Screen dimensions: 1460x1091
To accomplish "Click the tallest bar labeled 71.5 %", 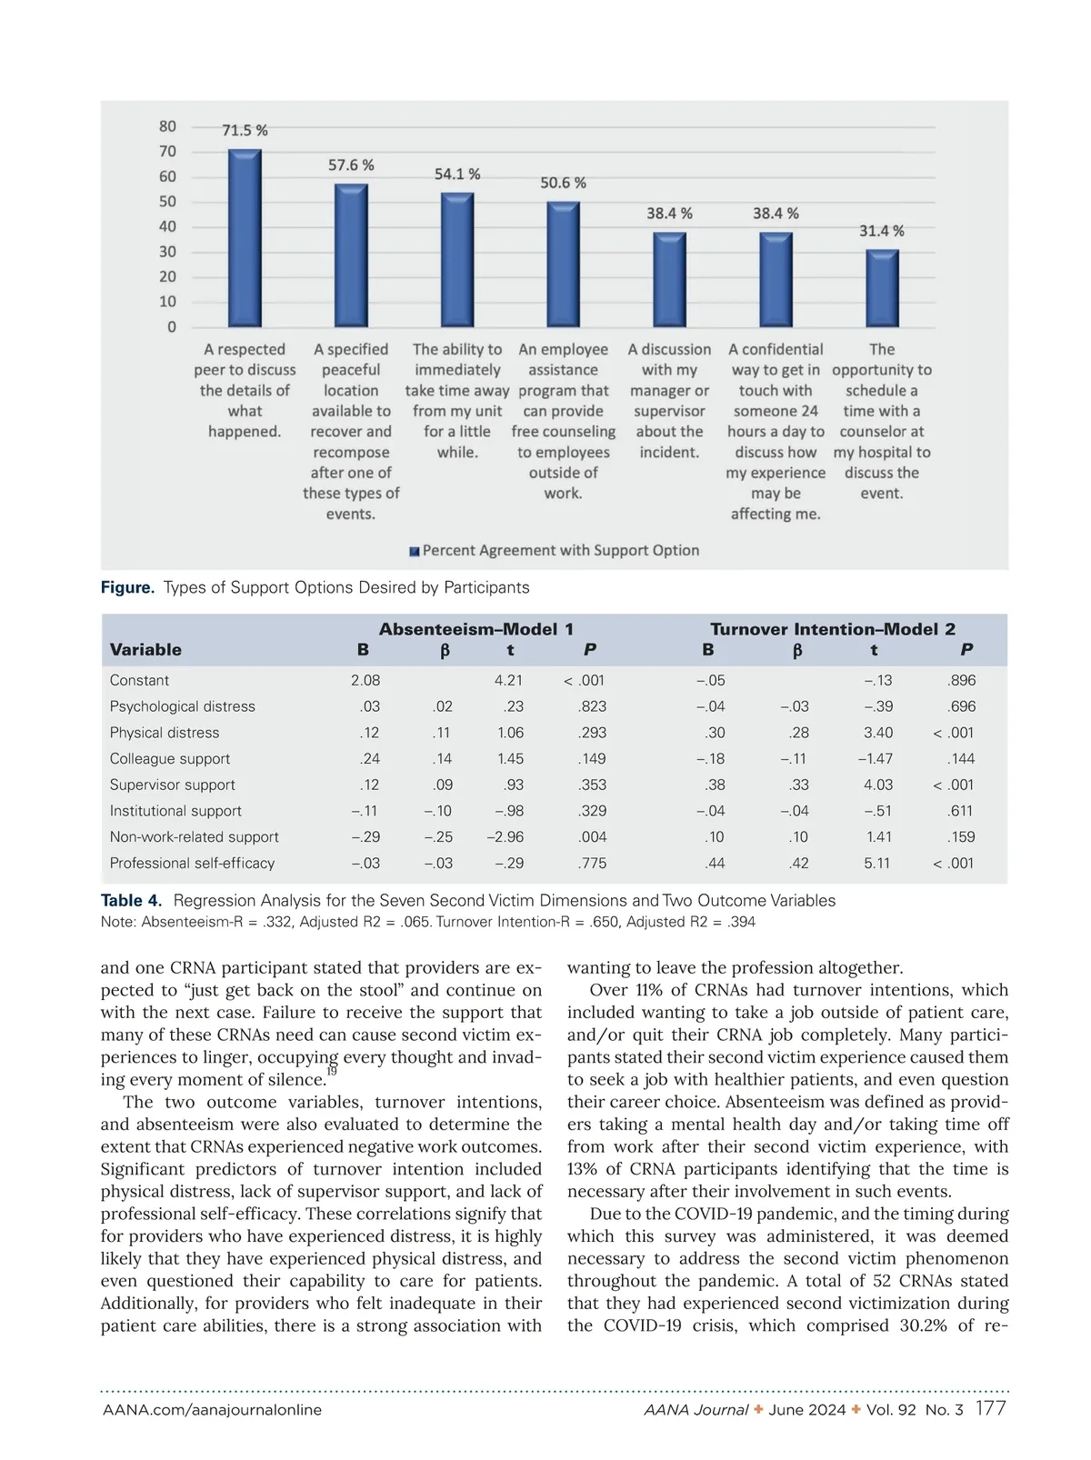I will pos(245,238).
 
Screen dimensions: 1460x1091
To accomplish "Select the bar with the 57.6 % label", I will pos(351,255).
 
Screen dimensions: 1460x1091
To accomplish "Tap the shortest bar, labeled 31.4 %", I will pos(882,288).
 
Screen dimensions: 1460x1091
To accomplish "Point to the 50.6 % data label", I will pos(563,183).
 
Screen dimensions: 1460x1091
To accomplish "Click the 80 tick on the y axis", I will pos(168,126).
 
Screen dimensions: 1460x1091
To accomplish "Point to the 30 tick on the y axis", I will pos(168,252).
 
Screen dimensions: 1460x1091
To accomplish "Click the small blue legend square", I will pos(415,552).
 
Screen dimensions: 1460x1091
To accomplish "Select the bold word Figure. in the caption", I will pos(127,587).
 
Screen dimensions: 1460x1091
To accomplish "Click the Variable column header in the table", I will pos(145,649).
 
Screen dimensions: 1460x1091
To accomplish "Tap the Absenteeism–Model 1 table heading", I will pos(475,629).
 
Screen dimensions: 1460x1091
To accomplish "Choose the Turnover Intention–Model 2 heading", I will pos(832,629).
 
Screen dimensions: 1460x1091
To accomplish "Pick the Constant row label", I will pos(139,680).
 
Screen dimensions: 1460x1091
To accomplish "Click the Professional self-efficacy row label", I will pos(192,863).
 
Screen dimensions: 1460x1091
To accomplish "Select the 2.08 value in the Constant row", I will pos(365,680).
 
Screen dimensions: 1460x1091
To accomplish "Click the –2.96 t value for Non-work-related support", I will pos(505,836).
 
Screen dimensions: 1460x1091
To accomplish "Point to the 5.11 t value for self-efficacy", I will pos(877,863).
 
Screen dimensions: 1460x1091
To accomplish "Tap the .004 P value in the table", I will pos(592,836).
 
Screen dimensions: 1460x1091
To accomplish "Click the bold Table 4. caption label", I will pos(132,900).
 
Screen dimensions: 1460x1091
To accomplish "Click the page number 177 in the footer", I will pos(990,1409).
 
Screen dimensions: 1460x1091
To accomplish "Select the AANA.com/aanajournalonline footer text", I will pos(212,1410).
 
